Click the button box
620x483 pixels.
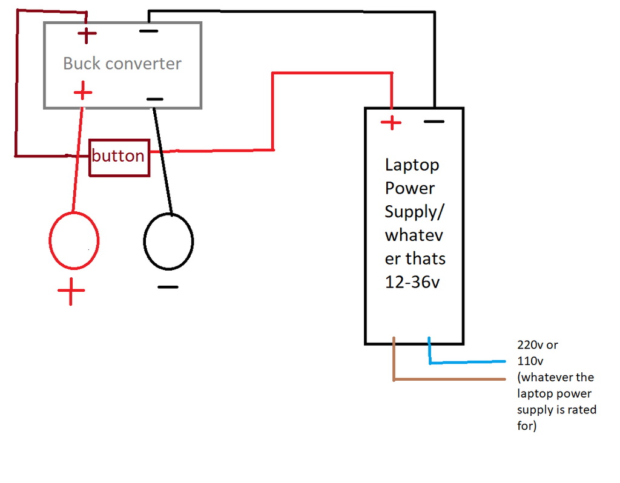(119, 157)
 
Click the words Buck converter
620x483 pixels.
(122, 64)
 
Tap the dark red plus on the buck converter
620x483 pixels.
(88, 35)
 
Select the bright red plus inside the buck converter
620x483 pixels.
(83, 93)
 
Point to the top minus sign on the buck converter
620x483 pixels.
(148, 31)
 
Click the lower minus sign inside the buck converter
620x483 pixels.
(154, 99)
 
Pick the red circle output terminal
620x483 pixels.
(73, 241)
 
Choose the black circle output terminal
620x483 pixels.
(168, 241)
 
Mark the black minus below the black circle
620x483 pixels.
(168, 287)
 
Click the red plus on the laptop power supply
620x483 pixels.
(391, 123)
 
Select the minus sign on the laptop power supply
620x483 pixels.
(434, 122)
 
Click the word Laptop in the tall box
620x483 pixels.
(412, 165)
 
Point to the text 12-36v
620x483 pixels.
(412, 282)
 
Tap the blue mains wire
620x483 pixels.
(466, 363)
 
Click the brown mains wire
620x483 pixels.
(448, 379)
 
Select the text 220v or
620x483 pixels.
(538, 345)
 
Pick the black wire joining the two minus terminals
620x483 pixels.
(291, 11)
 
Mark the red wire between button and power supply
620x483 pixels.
(273, 109)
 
